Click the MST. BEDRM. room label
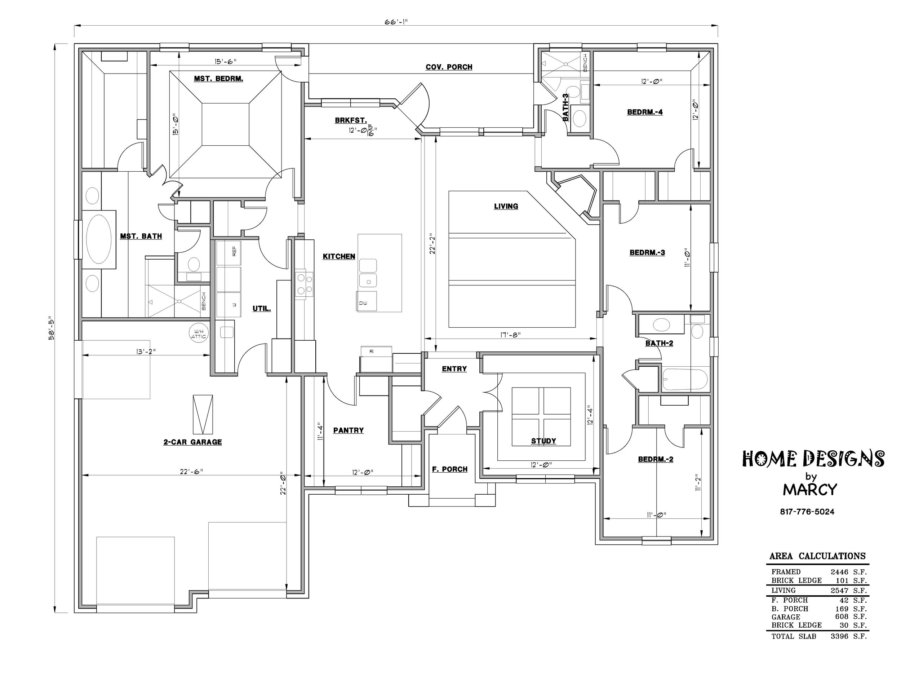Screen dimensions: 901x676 (218, 78)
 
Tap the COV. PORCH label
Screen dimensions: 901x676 (449, 67)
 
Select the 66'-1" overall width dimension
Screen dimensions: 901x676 (396, 22)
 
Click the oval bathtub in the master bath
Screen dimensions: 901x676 (99, 239)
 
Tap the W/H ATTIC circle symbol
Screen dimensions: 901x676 (199, 334)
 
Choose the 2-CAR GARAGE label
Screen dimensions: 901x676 (193, 442)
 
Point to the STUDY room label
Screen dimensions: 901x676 (543, 441)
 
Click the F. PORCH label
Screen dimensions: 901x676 (450, 469)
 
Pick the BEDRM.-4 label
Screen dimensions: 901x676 (645, 112)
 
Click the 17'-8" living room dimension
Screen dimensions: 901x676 (510, 335)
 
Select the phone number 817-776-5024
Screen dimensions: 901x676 (807, 512)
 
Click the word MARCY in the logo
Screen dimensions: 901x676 (810, 489)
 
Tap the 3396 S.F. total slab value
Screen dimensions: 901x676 (849, 636)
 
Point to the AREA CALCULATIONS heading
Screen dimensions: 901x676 (817, 556)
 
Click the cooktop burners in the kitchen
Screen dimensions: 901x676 (305, 284)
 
